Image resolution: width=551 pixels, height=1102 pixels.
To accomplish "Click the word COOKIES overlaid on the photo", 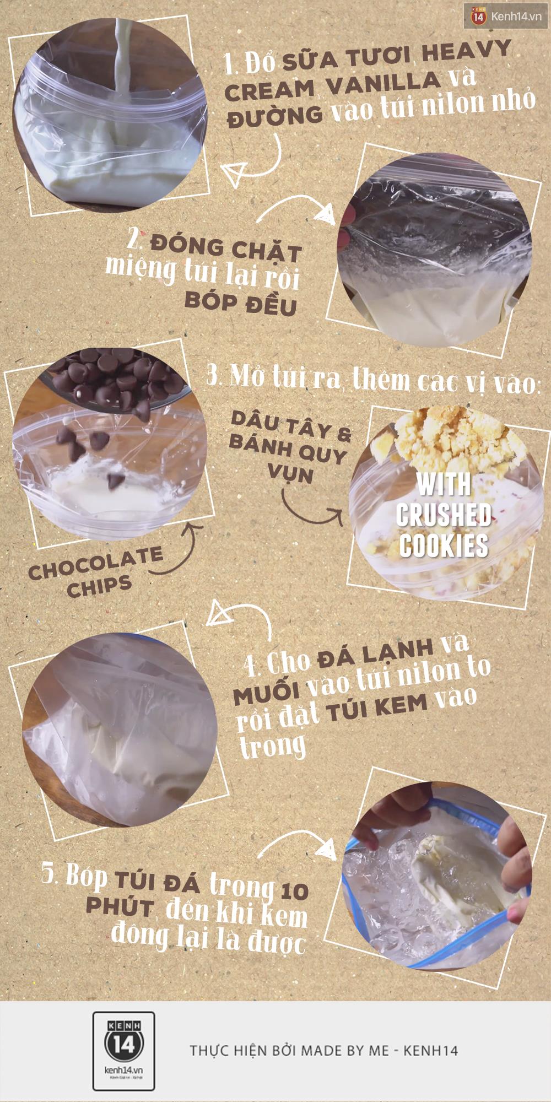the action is click(x=444, y=545).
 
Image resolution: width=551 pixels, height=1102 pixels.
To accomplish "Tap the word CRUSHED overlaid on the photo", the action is click(x=443, y=516).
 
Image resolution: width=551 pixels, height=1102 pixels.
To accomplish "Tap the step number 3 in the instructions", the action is click(x=213, y=377).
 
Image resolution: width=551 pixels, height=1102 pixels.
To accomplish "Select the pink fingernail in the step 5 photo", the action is click(x=516, y=914).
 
